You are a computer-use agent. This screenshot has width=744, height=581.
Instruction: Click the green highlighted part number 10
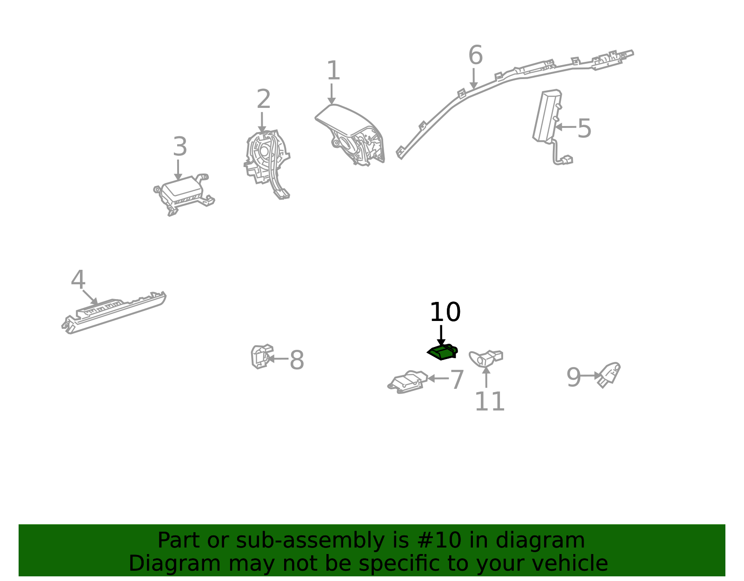(x=442, y=352)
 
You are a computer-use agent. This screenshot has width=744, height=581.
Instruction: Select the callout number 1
(x=333, y=71)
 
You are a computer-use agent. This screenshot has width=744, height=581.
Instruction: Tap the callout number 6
(x=475, y=55)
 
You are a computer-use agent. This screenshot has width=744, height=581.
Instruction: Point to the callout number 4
(x=78, y=280)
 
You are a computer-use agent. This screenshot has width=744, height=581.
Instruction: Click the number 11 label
(x=489, y=401)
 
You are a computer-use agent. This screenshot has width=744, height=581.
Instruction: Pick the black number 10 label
(x=445, y=312)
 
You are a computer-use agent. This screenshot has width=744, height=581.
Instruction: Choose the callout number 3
(x=180, y=147)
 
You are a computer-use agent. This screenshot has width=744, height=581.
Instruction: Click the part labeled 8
(x=262, y=356)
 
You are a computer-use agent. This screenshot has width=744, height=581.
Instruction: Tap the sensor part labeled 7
(x=408, y=382)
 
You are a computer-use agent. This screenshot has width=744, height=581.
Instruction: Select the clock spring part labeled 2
(x=267, y=164)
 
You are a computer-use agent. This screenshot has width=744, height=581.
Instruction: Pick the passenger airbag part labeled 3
(x=184, y=194)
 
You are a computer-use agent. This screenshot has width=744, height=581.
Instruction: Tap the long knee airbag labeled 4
(x=114, y=312)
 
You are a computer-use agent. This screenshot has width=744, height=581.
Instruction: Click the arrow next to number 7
(x=438, y=378)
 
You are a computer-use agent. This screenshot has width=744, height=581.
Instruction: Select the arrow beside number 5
(x=565, y=127)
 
